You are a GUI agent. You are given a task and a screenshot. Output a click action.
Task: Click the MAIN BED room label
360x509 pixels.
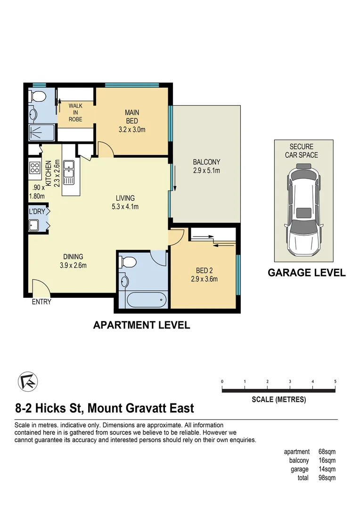click(131, 121)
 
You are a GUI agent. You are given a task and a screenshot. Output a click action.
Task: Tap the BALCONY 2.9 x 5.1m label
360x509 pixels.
click(206, 166)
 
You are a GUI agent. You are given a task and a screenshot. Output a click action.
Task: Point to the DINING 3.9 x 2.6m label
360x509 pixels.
click(73, 261)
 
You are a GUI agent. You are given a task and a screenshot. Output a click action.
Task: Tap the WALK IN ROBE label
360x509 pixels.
click(75, 113)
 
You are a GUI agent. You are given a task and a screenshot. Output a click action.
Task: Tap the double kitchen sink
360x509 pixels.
click(69, 172)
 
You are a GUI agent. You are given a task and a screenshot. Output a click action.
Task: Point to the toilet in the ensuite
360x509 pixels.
click(37, 97)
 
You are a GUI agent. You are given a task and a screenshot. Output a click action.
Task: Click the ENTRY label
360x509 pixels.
click(41, 302)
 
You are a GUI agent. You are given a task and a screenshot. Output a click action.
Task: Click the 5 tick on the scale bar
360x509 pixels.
click(335, 382)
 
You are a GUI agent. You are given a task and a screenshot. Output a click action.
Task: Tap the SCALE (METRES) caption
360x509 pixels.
click(278, 400)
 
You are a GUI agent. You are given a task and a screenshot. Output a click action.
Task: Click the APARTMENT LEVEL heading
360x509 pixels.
click(141, 325)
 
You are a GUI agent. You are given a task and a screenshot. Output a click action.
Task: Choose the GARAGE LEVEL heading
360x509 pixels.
click(306, 272)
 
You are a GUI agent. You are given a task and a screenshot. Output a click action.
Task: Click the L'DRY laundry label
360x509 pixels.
click(37, 212)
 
